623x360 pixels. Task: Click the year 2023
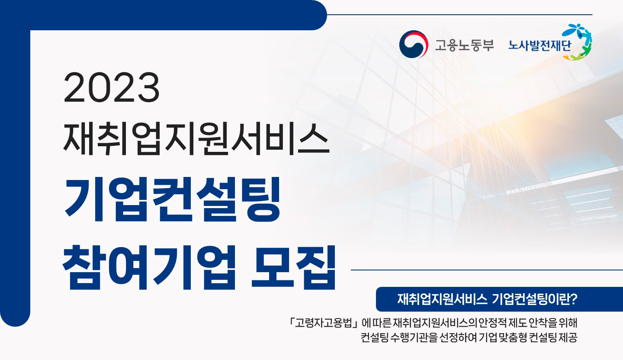tap(112, 87)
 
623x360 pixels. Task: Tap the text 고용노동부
tap(465, 45)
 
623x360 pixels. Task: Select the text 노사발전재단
tap(540, 45)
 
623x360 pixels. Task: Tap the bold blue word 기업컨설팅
tap(172, 199)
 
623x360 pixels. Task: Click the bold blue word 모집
tap(293, 267)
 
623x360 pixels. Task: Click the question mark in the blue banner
tap(574, 299)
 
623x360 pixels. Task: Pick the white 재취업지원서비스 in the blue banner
tap(442, 299)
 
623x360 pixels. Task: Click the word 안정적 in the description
tap(492, 323)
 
